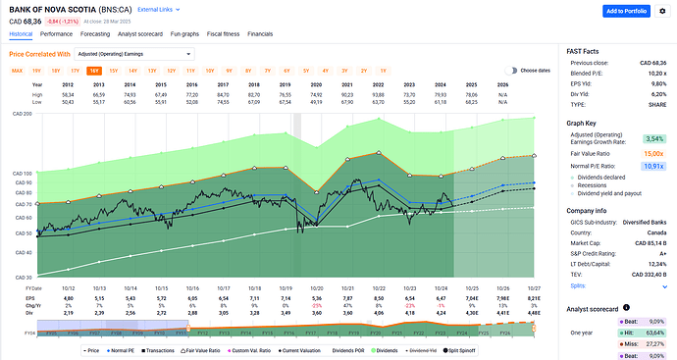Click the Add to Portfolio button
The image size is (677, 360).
coord(638,11)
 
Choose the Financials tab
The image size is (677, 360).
coord(260,33)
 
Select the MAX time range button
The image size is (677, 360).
coord(17,71)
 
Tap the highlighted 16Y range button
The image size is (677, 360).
coord(94,71)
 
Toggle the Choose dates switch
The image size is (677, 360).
coord(511,71)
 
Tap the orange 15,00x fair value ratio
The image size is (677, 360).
coord(654,154)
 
